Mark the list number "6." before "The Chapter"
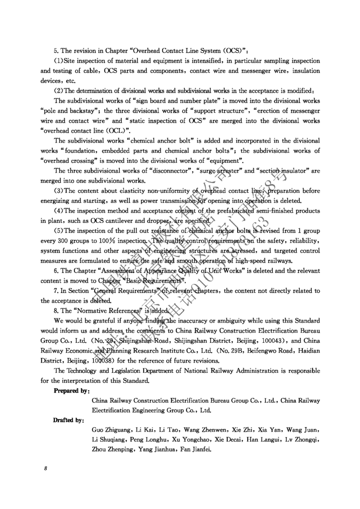56,271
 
